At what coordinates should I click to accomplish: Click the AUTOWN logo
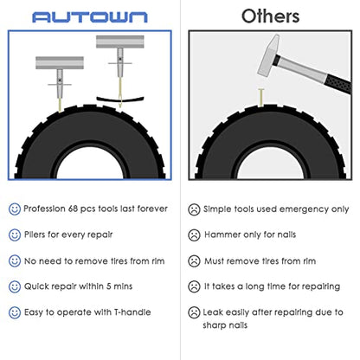(x=90, y=17)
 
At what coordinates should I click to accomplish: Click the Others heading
(x=270, y=16)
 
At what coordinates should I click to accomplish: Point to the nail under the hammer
(x=260, y=98)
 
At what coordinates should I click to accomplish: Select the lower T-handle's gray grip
(x=60, y=62)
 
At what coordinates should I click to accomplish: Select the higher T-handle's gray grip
(x=120, y=42)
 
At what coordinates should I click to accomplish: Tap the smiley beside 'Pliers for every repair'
(x=15, y=235)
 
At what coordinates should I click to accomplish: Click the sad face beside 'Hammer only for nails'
(x=194, y=235)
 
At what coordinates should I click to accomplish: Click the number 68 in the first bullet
(x=73, y=209)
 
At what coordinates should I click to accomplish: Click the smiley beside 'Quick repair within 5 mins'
(x=15, y=286)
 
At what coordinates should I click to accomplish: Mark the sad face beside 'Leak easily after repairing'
(x=194, y=312)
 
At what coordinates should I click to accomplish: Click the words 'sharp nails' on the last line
(x=225, y=325)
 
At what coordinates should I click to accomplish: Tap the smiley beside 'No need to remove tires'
(x=15, y=260)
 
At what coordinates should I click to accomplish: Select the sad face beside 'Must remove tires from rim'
(x=194, y=261)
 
